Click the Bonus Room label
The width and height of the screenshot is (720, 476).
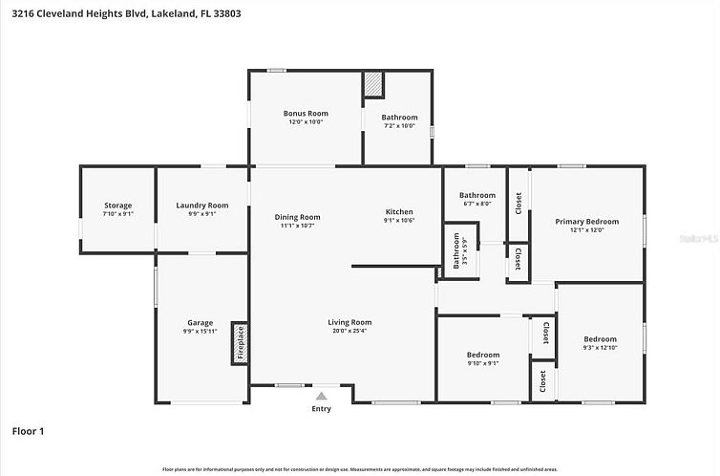click(x=305, y=114)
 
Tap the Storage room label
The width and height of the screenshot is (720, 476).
click(x=117, y=206)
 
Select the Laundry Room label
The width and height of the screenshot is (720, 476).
click(x=202, y=206)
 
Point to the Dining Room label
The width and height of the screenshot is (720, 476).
click(x=297, y=217)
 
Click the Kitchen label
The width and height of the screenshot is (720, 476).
click(x=398, y=212)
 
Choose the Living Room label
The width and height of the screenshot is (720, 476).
click(x=349, y=323)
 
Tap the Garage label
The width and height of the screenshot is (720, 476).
click(x=200, y=323)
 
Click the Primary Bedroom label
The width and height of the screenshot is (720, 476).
click(x=586, y=222)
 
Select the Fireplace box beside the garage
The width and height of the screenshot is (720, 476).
click(x=241, y=342)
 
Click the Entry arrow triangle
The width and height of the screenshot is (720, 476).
click(x=321, y=395)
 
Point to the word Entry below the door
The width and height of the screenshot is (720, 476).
click(x=321, y=409)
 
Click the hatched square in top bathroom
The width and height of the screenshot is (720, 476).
click(x=372, y=84)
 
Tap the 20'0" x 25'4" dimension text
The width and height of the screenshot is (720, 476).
click(x=349, y=333)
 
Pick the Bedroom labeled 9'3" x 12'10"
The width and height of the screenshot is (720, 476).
click(x=600, y=339)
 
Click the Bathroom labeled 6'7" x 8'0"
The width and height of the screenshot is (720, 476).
click(x=476, y=195)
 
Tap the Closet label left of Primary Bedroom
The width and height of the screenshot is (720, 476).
click(x=518, y=203)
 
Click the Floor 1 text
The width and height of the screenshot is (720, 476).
click(x=29, y=431)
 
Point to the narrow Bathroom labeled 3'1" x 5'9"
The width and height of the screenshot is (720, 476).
click(x=456, y=250)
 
